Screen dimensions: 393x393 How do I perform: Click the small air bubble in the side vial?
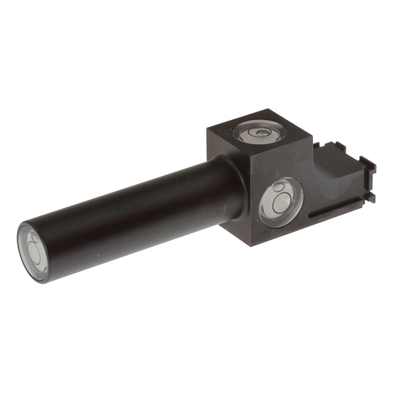tap(278, 189)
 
